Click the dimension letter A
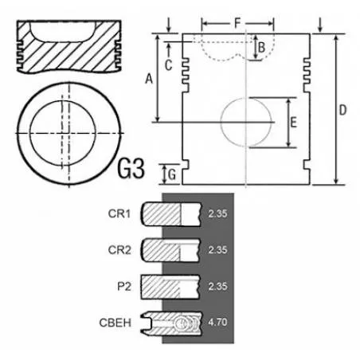tap(149, 79)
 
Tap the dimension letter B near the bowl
tap(261, 48)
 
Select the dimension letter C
tap(168, 65)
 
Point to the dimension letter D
tap(342, 110)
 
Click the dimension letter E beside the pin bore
tap(293, 123)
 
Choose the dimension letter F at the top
tap(237, 23)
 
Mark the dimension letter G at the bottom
tap(172, 174)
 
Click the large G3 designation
tap(131, 168)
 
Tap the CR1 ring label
tap(119, 213)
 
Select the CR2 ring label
tap(119, 250)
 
